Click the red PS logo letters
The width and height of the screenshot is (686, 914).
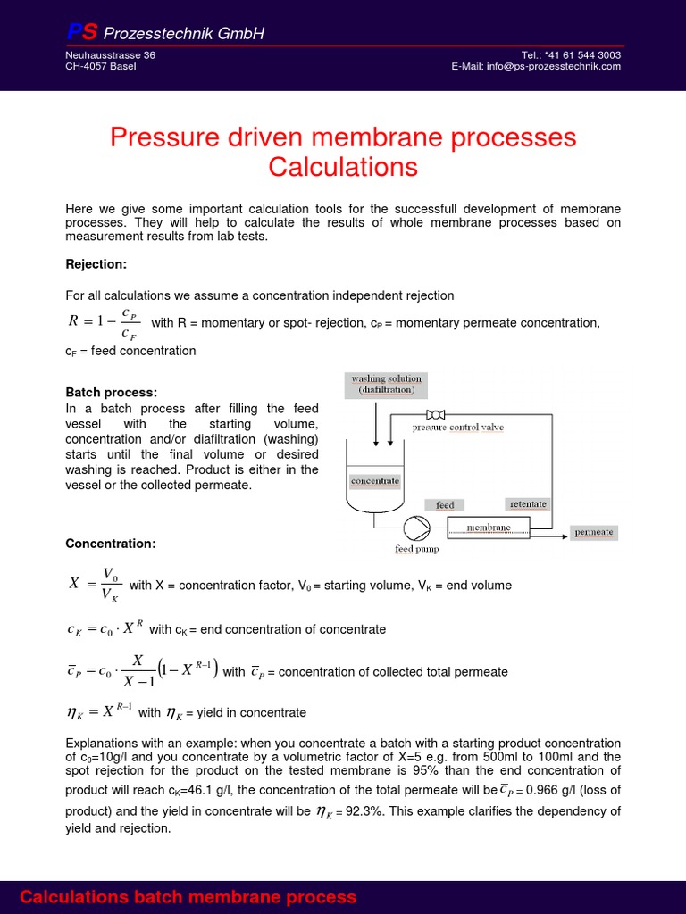pyautogui.click(x=82, y=33)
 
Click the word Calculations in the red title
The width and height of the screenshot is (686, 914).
pyautogui.click(x=343, y=167)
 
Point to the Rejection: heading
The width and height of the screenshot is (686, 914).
pyautogui.click(x=96, y=263)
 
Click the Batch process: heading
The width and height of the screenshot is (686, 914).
pyautogui.click(x=112, y=392)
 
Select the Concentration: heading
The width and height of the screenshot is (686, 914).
pyautogui.click(x=111, y=544)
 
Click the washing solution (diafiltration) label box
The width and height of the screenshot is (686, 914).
pyautogui.click(x=387, y=385)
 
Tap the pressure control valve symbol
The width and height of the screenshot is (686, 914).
pyautogui.click(x=437, y=414)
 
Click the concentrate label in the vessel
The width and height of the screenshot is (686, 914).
pyautogui.click(x=375, y=481)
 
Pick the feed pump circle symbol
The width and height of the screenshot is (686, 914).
pyautogui.click(x=416, y=528)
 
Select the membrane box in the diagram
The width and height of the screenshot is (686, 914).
pyautogui.click(x=489, y=528)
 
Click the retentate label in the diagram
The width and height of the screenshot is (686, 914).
pyautogui.click(x=527, y=504)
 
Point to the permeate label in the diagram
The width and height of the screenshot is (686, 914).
pyautogui.click(x=594, y=532)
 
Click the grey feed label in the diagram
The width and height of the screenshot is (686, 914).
pyautogui.click(x=445, y=505)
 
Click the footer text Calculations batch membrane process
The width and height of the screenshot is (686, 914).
pyautogui.click(x=188, y=897)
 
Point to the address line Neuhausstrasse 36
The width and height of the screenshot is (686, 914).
pyautogui.click(x=110, y=54)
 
